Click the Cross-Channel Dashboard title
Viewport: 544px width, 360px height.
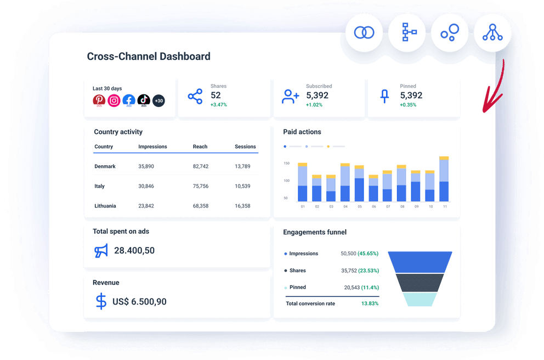149,57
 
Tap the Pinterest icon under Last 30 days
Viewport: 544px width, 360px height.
99,100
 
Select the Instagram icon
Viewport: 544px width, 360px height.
114,100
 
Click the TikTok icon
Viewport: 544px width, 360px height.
144,100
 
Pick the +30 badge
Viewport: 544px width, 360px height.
158,100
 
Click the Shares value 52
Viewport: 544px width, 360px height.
216,95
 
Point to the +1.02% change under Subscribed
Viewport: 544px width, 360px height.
315,105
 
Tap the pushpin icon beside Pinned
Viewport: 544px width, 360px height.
384,97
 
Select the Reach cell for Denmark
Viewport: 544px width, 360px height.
200,166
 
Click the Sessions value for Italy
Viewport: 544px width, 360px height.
242,186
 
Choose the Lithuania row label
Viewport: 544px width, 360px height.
105,206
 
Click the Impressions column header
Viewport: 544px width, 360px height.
152,147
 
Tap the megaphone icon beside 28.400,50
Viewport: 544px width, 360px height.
101,251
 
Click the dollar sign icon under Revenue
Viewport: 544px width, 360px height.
101,301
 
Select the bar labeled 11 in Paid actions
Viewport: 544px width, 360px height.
444,179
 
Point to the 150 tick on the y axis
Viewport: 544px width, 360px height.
286,164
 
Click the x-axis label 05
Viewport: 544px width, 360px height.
360,207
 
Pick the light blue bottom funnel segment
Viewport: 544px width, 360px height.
420,299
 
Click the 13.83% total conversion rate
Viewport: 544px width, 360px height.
370,303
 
